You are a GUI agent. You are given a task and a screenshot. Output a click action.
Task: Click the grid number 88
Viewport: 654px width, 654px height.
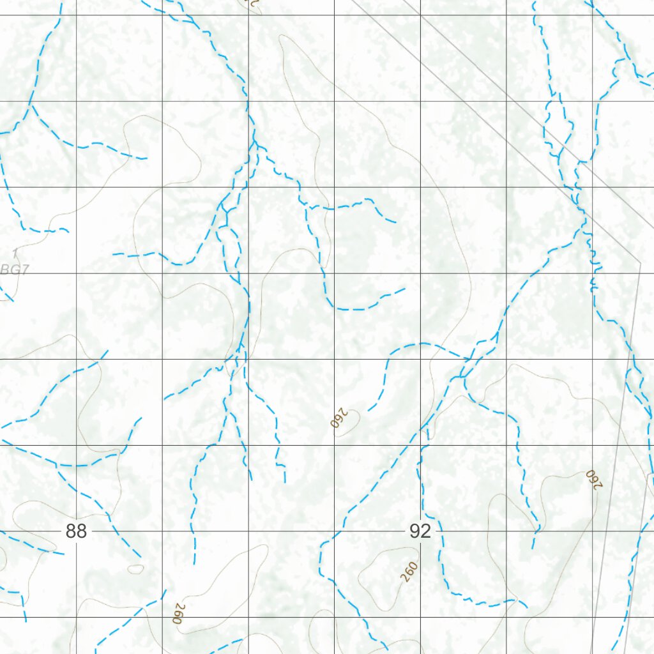point(76,531)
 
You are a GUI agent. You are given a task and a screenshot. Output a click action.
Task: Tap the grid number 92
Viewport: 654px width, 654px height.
point(420,531)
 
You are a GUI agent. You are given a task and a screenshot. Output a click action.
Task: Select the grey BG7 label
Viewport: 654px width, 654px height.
point(14,270)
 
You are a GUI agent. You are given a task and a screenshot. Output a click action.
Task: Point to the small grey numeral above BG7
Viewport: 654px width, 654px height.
point(15,255)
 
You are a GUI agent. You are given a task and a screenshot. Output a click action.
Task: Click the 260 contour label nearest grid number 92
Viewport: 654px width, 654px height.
point(409,572)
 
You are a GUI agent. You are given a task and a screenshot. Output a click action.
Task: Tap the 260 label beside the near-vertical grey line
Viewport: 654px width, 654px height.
point(594,479)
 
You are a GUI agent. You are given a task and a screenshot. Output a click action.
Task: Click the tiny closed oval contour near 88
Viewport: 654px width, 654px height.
point(135,568)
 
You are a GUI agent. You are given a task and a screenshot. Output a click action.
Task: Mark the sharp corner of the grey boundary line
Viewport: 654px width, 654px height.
point(640,261)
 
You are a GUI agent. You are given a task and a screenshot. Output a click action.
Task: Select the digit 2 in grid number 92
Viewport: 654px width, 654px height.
point(425,531)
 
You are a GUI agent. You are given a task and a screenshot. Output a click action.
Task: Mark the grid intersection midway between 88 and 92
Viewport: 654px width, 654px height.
point(248,531)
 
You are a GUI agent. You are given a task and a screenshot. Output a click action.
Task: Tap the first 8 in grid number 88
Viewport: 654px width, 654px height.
point(70,531)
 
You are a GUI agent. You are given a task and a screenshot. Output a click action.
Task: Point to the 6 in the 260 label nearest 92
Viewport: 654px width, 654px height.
point(409,572)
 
